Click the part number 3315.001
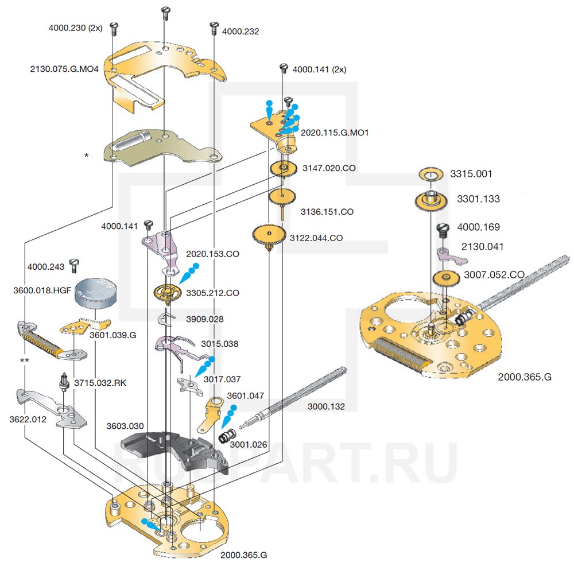471,173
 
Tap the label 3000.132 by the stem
326,406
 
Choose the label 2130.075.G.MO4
64,69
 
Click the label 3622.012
28,420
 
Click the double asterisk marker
25,360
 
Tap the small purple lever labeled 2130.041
449,255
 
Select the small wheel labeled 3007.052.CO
445,279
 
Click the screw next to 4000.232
214,25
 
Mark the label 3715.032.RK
101,381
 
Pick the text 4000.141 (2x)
319,69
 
